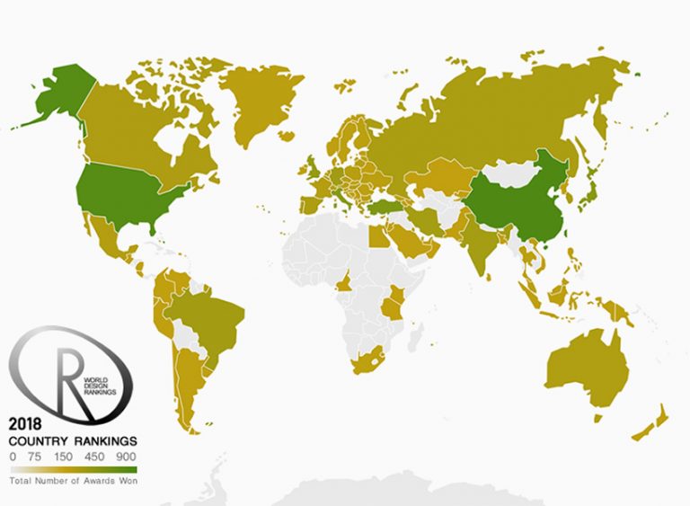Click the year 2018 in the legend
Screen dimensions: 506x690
coord(26,424)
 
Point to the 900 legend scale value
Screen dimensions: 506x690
coord(126,457)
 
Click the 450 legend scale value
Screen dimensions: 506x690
coord(93,457)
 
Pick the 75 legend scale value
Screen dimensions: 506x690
coord(35,457)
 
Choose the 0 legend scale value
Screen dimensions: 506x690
coord(13,457)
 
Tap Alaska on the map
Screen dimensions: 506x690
coord(54,90)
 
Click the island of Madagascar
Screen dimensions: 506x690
coord(415,337)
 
